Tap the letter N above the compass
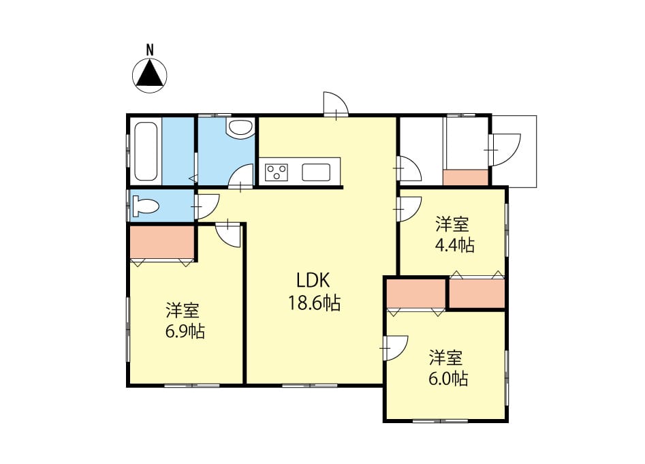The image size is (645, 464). [x=150, y=50]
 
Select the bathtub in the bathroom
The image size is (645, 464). [x=146, y=151]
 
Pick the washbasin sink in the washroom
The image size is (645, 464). [x=240, y=127]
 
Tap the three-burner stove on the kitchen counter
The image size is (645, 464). [x=277, y=172]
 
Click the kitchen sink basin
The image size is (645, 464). [x=316, y=172]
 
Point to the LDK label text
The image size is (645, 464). [x=313, y=281]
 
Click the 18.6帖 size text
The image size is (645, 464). [x=314, y=303]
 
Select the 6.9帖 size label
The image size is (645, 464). [x=185, y=331]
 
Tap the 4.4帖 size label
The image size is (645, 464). [x=454, y=245]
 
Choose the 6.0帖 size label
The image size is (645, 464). [x=448, y=378]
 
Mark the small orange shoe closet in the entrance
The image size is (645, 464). [x=466, y=177]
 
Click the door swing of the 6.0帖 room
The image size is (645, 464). [x=396, y=348]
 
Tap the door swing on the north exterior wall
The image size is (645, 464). [x=336, y=104]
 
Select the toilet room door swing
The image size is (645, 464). [x=207, y=206]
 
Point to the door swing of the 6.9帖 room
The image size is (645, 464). [x=228, y=234]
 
